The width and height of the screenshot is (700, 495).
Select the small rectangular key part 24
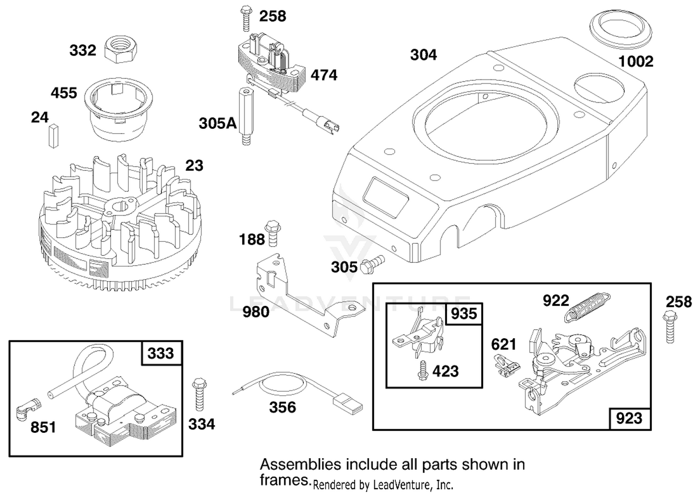[54, 136]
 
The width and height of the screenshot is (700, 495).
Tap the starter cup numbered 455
[119, 109]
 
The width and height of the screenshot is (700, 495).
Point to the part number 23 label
[194, 165]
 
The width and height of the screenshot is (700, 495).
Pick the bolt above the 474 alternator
[246, 18]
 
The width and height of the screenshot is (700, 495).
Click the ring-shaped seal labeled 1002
[621, 29]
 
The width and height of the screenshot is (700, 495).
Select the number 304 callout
[423, 55]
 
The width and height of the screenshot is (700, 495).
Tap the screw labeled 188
[273, 233]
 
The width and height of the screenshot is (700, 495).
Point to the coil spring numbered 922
[587, 307]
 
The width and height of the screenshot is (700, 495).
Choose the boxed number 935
[464, 314]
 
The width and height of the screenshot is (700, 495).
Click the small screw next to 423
[423, 371]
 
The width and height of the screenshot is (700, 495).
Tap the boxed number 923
[629, 418]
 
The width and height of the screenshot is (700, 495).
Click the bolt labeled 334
[199, 394]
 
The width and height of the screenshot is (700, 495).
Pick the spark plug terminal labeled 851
[28, 409]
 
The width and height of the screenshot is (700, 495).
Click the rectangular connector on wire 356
[349, 405]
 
